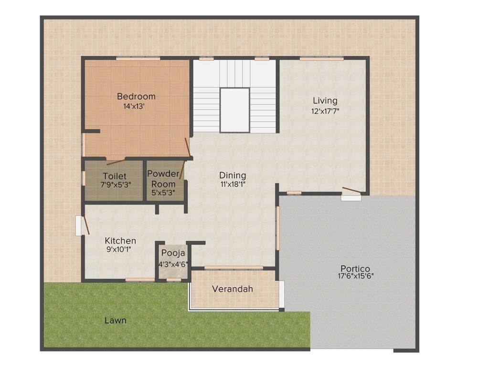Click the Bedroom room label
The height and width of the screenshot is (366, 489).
tap(136, 96)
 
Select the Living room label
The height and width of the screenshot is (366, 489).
tap(325, 101)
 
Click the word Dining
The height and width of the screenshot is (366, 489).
tap(233, 175)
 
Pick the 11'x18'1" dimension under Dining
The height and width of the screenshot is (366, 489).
tap(233, 184)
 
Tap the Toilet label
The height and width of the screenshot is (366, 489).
tap(115, 176)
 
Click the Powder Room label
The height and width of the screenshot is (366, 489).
tap(163, 179)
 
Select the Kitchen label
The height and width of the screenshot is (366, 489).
tap(120, 241)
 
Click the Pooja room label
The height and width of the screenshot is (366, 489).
tap(173, 253)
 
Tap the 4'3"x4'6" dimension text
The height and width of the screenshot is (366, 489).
tap(173, 264)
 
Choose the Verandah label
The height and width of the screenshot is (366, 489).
tap(233, 289)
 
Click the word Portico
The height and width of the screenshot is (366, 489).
tap(355, 268)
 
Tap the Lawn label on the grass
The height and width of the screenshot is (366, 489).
tap(116, 320)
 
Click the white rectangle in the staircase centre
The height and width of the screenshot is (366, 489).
tap(234, 110)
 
